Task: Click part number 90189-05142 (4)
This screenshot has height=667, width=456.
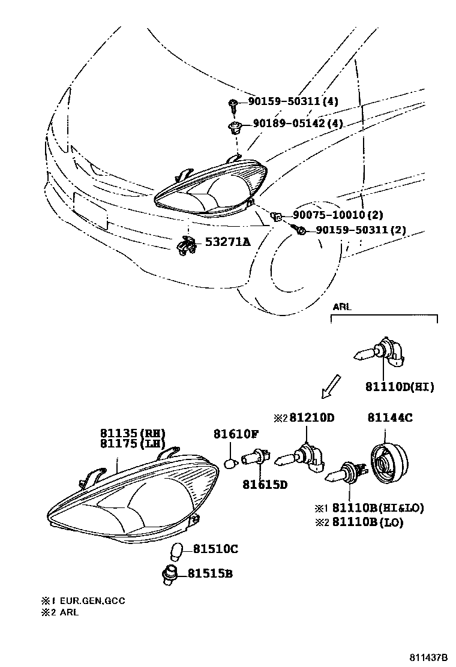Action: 297,124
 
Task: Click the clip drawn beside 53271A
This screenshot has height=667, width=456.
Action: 187,245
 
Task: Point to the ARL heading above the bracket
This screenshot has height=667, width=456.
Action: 342,307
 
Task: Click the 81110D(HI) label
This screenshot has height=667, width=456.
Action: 399,387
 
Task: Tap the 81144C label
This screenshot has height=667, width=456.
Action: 389,418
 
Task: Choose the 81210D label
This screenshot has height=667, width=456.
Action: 311,418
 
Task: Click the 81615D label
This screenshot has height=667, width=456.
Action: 265,483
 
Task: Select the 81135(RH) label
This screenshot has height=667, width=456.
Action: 132,433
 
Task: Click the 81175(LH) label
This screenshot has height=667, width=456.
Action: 132,444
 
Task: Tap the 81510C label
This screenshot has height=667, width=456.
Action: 215,549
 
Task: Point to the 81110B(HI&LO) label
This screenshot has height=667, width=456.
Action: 378,508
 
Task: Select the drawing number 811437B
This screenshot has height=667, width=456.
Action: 429,657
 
